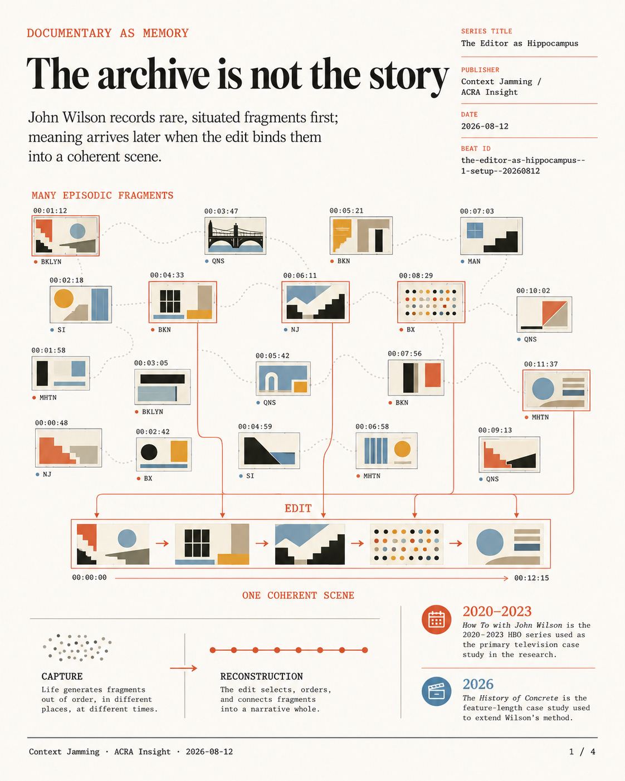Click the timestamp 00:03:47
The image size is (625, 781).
pos(221,211)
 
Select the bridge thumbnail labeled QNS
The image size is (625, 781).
pos(235,236)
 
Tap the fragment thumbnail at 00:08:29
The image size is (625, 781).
pos(431,302)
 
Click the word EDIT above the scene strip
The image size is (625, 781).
pos(298,508)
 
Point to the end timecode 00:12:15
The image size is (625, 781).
pos(531,578)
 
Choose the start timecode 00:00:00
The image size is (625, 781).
pos(89,578)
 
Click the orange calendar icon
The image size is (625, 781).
pos(436,619)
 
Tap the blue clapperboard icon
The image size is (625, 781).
pos(436,691)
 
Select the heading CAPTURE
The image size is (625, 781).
pos(62,676)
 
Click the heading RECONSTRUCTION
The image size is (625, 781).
pos(261,676)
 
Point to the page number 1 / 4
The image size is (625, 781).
pos(582,751)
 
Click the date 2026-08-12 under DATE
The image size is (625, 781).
pos(485,126)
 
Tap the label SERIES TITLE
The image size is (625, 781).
pos(486,31)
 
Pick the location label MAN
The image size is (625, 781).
pos(473,261)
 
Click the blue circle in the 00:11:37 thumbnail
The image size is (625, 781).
pos(543,389)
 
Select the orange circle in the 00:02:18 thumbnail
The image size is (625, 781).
pos(64,299)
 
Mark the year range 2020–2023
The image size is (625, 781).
pos(497,612)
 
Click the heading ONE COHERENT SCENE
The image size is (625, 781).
pos(298,595)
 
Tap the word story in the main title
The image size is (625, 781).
pos(408,76)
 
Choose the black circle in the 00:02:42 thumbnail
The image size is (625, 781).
pos(149,452)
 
